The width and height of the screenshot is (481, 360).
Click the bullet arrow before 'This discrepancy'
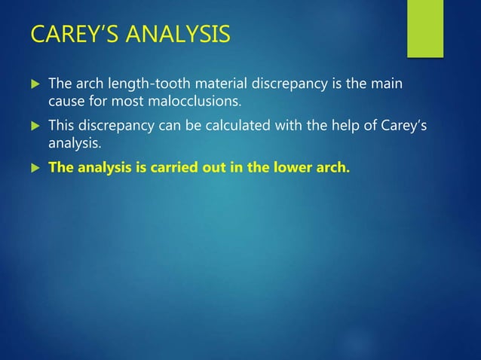point(33,124)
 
